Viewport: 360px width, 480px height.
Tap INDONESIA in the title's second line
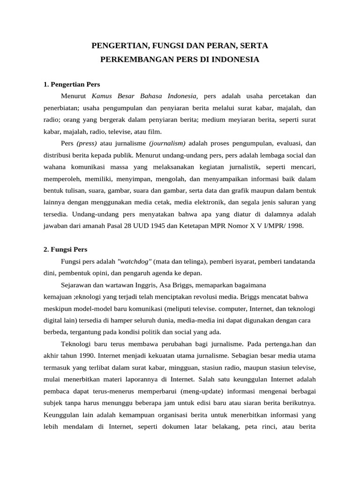point(236,60)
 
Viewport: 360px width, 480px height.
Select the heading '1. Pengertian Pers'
point(72,84)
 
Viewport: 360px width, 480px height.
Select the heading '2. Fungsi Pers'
point(65,249)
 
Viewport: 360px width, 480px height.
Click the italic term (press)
point(86,143)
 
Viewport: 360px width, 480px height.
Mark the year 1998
point(294,225)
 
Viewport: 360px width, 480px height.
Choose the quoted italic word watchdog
point(137,261)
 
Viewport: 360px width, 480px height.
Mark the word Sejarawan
point(76,285)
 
